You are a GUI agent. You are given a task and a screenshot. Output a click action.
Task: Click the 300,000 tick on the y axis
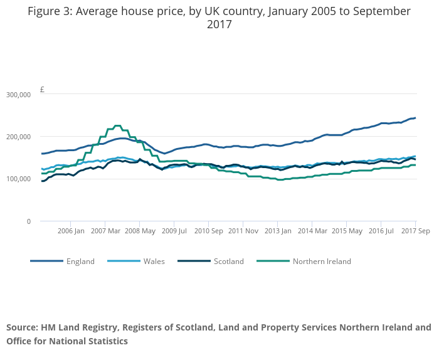pyautogui.click(x=18, y=94)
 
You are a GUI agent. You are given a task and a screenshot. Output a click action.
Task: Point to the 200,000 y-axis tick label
pyautogui.click(x=18, y=137)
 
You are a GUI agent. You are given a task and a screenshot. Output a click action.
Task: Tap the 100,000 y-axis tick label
pyautogui.click(x=18, y=179)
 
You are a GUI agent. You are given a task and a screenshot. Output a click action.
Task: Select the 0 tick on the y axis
pyautogui.click(x=28, y=221)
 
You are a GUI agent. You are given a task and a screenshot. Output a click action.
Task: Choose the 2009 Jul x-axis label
pyautogui.click(x=174, y=231)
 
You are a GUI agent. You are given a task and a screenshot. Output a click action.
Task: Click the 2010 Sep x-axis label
pyautogui.click(x=209, y=231)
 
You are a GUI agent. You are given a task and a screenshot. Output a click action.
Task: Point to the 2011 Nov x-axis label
pyautogui.click(x=243, y=231)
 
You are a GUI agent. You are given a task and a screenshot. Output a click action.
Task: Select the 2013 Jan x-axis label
pyautogui.click(x=278, y=231)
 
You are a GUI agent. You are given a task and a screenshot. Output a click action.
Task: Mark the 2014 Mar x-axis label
pyautogui.click(x=312, y=231)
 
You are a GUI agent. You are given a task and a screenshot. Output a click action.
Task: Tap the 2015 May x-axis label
pyautogui.click(x=347, y=231)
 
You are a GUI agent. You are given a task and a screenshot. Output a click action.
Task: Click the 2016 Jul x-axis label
pyautogui.click(x=381, y=231)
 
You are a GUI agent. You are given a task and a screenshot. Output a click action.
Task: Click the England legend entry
pyautogui.click(x=80, y=262)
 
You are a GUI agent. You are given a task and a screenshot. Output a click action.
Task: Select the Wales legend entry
pyautogui.click(x=154, y=262)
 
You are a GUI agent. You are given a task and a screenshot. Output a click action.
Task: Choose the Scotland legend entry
pyautogui.click(x=228, y=262)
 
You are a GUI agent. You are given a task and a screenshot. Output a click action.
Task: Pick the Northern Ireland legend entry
pyautogui.click(x=322, y=262)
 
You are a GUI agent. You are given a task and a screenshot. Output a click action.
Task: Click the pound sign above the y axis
pyautogui.click(x=42, y=90)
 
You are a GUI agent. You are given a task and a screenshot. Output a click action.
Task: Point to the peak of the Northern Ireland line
pyautogui.click(x=117, y=125)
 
